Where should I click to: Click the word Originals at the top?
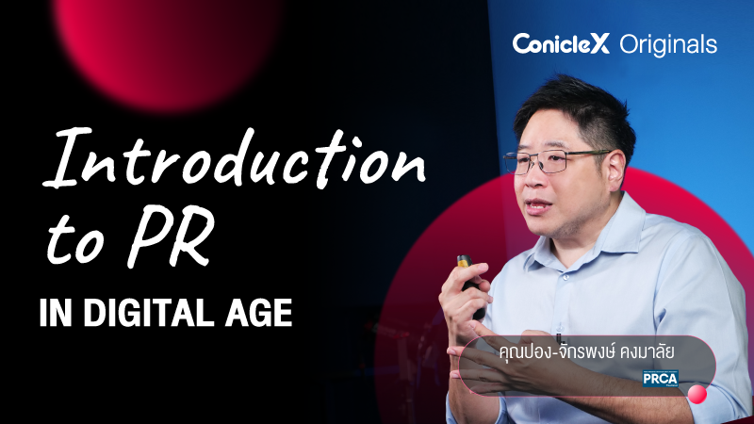tap(668, 44)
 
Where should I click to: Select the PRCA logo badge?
tap(660, 379)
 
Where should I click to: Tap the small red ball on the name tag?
tap(697, 393)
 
